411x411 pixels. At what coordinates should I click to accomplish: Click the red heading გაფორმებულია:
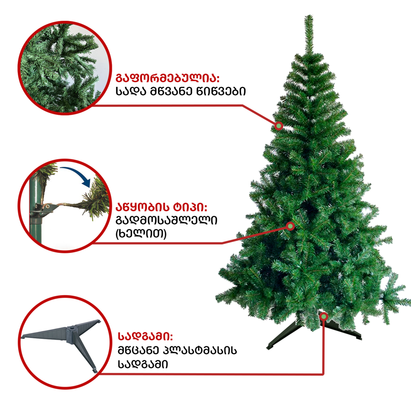(x=167, y=78)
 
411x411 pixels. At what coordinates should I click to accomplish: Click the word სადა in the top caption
(x=131, y=91)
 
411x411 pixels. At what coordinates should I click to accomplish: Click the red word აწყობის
(x=142, y=207)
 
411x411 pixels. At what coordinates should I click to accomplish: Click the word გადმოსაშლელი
(x=166, y=220)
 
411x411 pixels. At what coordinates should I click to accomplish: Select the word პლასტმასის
(x=200, y=350)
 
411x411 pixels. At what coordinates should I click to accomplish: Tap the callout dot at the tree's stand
(x=324, y=317)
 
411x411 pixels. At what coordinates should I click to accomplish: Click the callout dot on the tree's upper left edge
(x=279, y=126)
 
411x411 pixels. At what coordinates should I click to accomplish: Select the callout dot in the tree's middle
(x=290, y=226)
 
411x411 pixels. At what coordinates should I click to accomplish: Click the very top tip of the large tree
(x=309, y=15)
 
